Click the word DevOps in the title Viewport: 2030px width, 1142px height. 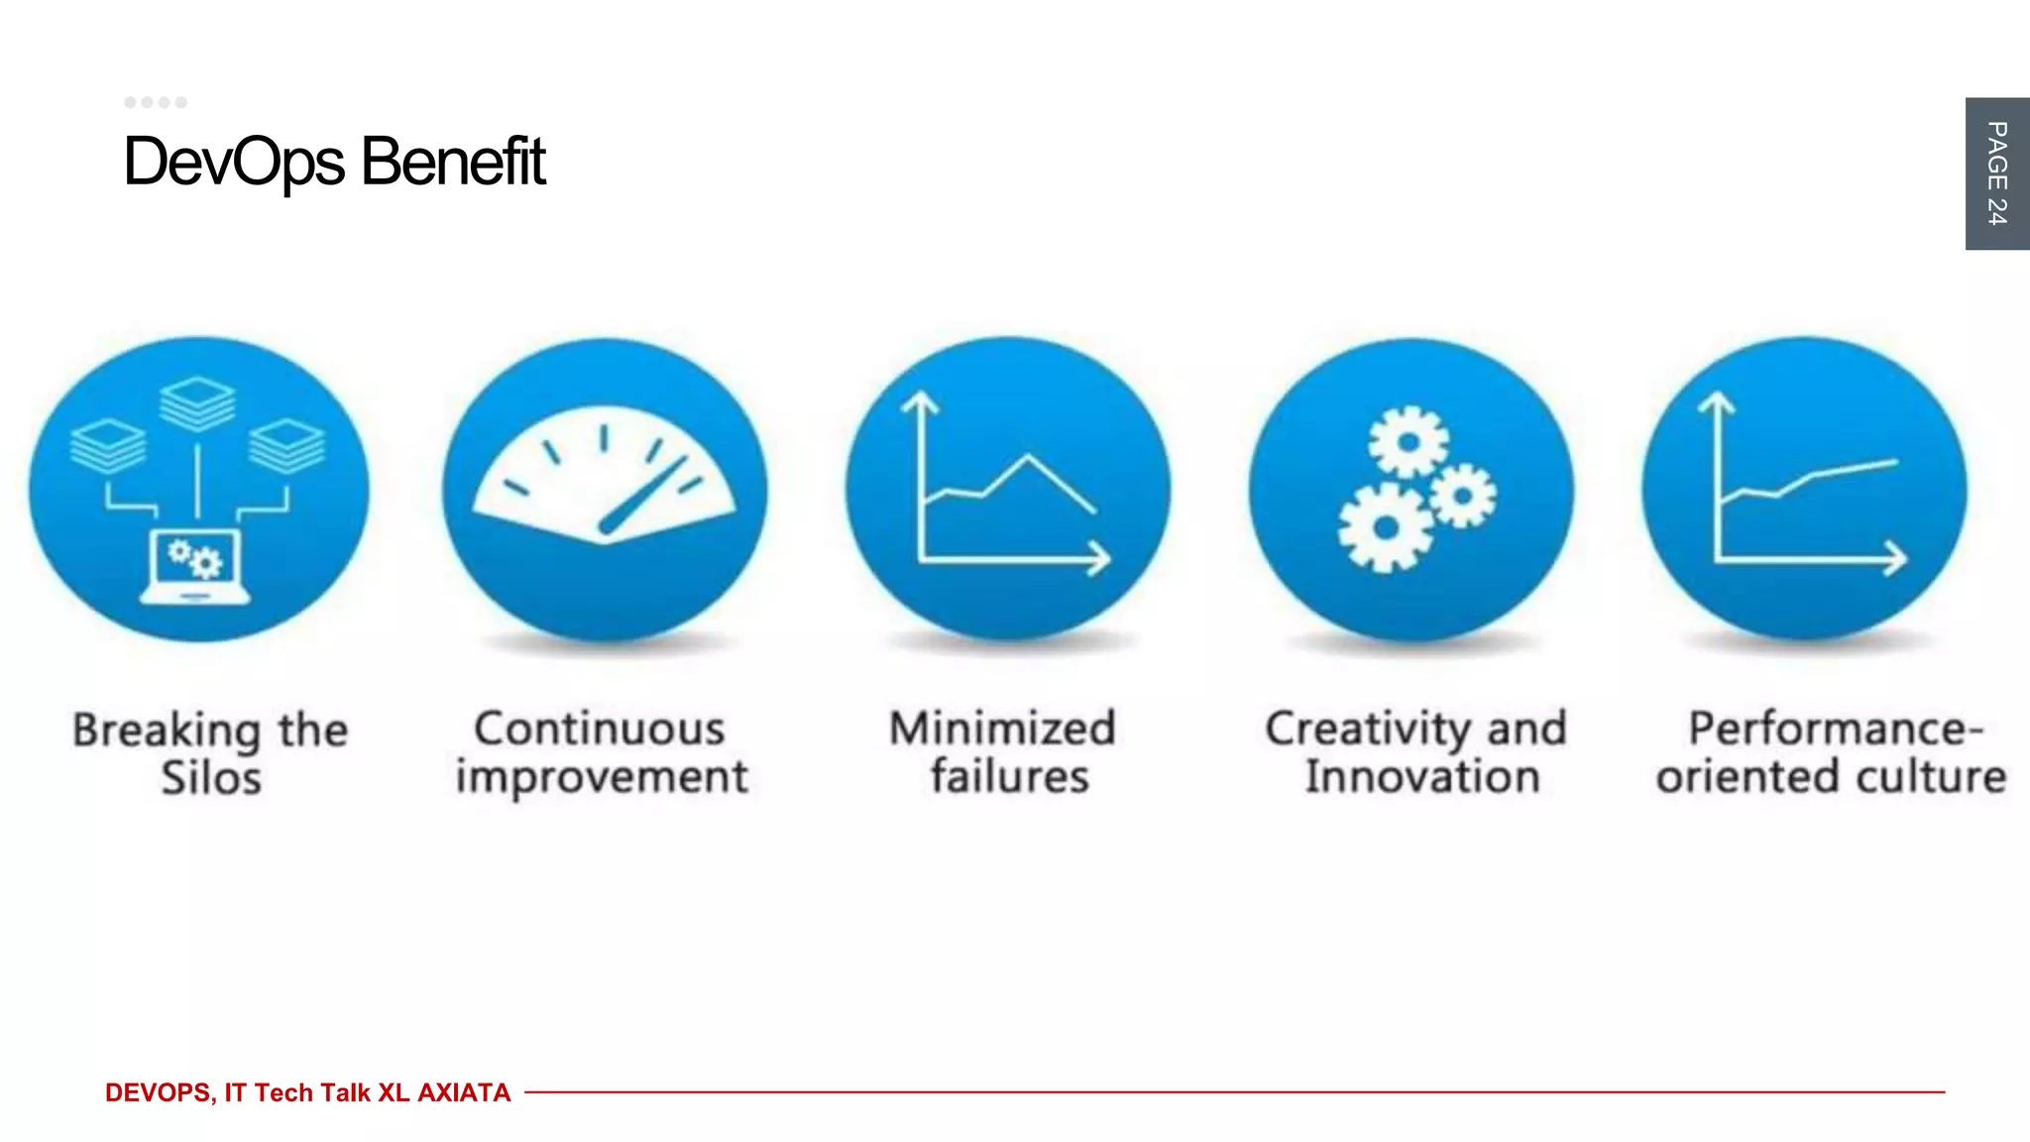pyautogui.click(x=233, y=162)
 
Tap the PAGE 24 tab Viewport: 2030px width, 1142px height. pyautogui.click(x=1996, y=173)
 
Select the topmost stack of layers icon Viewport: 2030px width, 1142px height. pyautogui.click(x=197, y=403)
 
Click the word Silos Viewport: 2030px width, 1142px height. pyautogui.click(x=211, y=778)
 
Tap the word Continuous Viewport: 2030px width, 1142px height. pyautogui.click(x=600, y=729)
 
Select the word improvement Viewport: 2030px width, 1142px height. pyautogui.click(x=602, y=776)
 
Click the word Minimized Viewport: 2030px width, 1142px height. pyautogui.click(x=1002, y=729)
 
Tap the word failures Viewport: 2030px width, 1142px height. pyautogui.click(x=1009, y=776)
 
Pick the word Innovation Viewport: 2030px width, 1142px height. pyautogui.click(x=1422, y=776)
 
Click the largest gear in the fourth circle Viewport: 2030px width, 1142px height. pyautogui.click(x=1385, y=527)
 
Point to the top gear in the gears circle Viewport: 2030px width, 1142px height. pyautogui.click(x=1409, y=441)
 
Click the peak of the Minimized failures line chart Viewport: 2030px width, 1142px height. pyautogui.click(x=1028, y=457)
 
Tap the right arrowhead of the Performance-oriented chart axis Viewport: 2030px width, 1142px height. pyautogui.click(x=1895, y=558)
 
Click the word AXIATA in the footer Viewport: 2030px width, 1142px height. pyautogui.click(x=464, y=1092)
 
